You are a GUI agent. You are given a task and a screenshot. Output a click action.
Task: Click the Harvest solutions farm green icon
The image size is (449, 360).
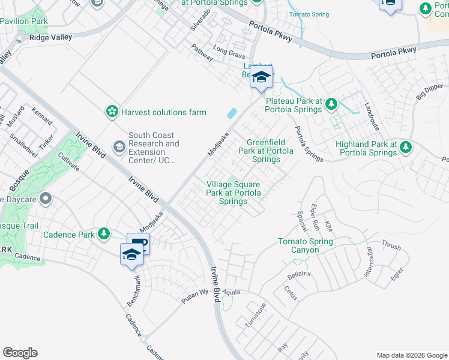click(112, 112)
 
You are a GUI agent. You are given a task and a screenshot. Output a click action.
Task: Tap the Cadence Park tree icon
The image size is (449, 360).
click(104, 233)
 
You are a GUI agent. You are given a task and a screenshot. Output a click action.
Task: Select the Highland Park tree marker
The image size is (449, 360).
click(406, 147)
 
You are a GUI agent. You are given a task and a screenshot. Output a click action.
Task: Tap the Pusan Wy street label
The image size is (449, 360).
click(195, 298)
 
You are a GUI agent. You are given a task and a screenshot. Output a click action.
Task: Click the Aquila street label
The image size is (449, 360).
click(231, 292)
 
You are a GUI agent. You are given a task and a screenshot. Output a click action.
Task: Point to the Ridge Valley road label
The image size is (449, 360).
click(51, 37)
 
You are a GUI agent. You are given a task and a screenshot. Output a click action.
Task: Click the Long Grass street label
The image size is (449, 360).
click(229, 53)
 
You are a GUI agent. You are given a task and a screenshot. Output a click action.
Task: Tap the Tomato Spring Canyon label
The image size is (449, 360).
click(305, 245)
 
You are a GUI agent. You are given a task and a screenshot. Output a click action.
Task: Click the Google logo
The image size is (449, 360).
click(20, 353)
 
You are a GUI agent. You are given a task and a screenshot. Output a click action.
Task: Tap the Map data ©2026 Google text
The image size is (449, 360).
click(411, 355)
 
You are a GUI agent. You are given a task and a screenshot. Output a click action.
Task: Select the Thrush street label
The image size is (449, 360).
click(391, 245)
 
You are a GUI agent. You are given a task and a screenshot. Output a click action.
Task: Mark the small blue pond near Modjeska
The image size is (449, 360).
click(232, 113)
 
